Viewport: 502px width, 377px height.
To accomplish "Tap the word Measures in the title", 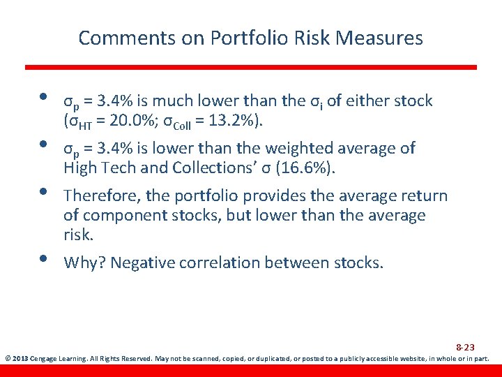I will (381, 38).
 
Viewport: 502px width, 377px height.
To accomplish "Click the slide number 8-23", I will (466, 347).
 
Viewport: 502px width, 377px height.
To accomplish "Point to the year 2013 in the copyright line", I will (20, 359).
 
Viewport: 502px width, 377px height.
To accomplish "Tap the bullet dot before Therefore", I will (43, 190).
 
